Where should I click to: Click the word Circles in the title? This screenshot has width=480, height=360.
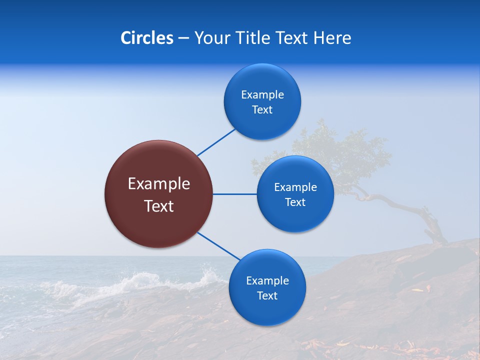146,38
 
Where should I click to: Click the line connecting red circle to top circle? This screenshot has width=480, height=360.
216,142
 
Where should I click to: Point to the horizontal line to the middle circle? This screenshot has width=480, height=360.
234,194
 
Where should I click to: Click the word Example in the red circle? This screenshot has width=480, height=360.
158,184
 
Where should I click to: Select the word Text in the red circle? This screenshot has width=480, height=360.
158,206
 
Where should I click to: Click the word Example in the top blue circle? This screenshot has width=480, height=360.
262,94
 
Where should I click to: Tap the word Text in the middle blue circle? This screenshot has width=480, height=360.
295,202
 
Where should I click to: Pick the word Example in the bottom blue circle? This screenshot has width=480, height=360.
267,280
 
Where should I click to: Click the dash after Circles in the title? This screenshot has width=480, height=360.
183,38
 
